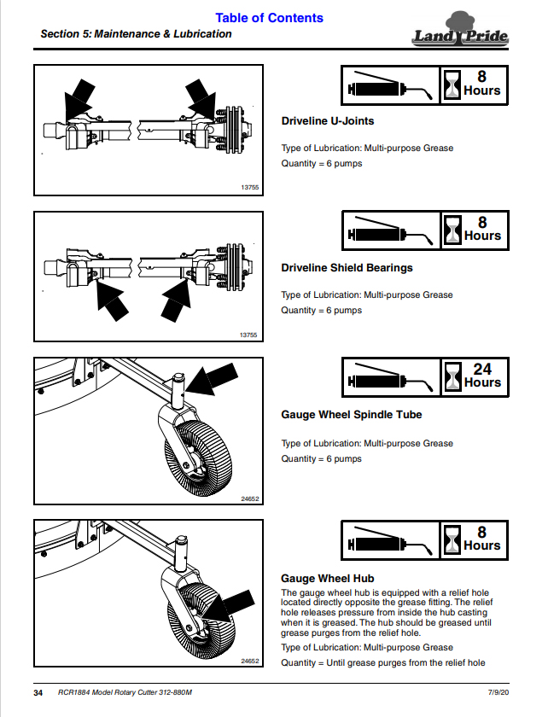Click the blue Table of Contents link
269,18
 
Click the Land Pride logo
461,30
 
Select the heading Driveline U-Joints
328,121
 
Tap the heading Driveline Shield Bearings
347,268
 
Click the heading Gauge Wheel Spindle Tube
352,415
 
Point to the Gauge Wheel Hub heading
328,579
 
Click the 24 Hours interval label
482,376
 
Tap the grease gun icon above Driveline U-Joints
390,85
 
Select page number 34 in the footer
38,693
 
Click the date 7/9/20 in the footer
498,692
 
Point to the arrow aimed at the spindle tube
212,379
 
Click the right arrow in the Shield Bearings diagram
177,300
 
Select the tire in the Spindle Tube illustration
198,455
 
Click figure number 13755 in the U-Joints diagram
250,188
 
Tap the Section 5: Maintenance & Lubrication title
136,34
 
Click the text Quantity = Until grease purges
383,663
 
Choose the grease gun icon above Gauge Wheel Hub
390,540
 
